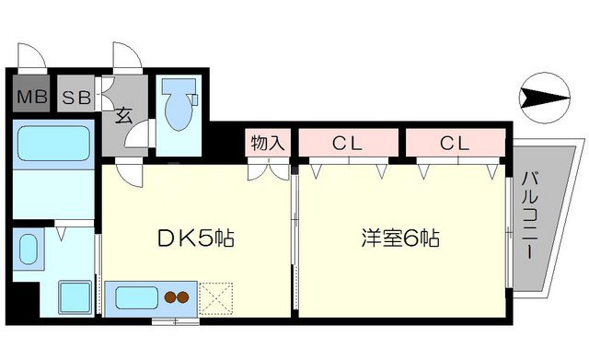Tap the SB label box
(x=76, y=96)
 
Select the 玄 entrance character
(x=122, y=116)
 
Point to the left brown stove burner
(x=170, y=296)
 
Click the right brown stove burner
(x=184, y=296)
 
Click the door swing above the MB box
(x=32, y=57)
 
